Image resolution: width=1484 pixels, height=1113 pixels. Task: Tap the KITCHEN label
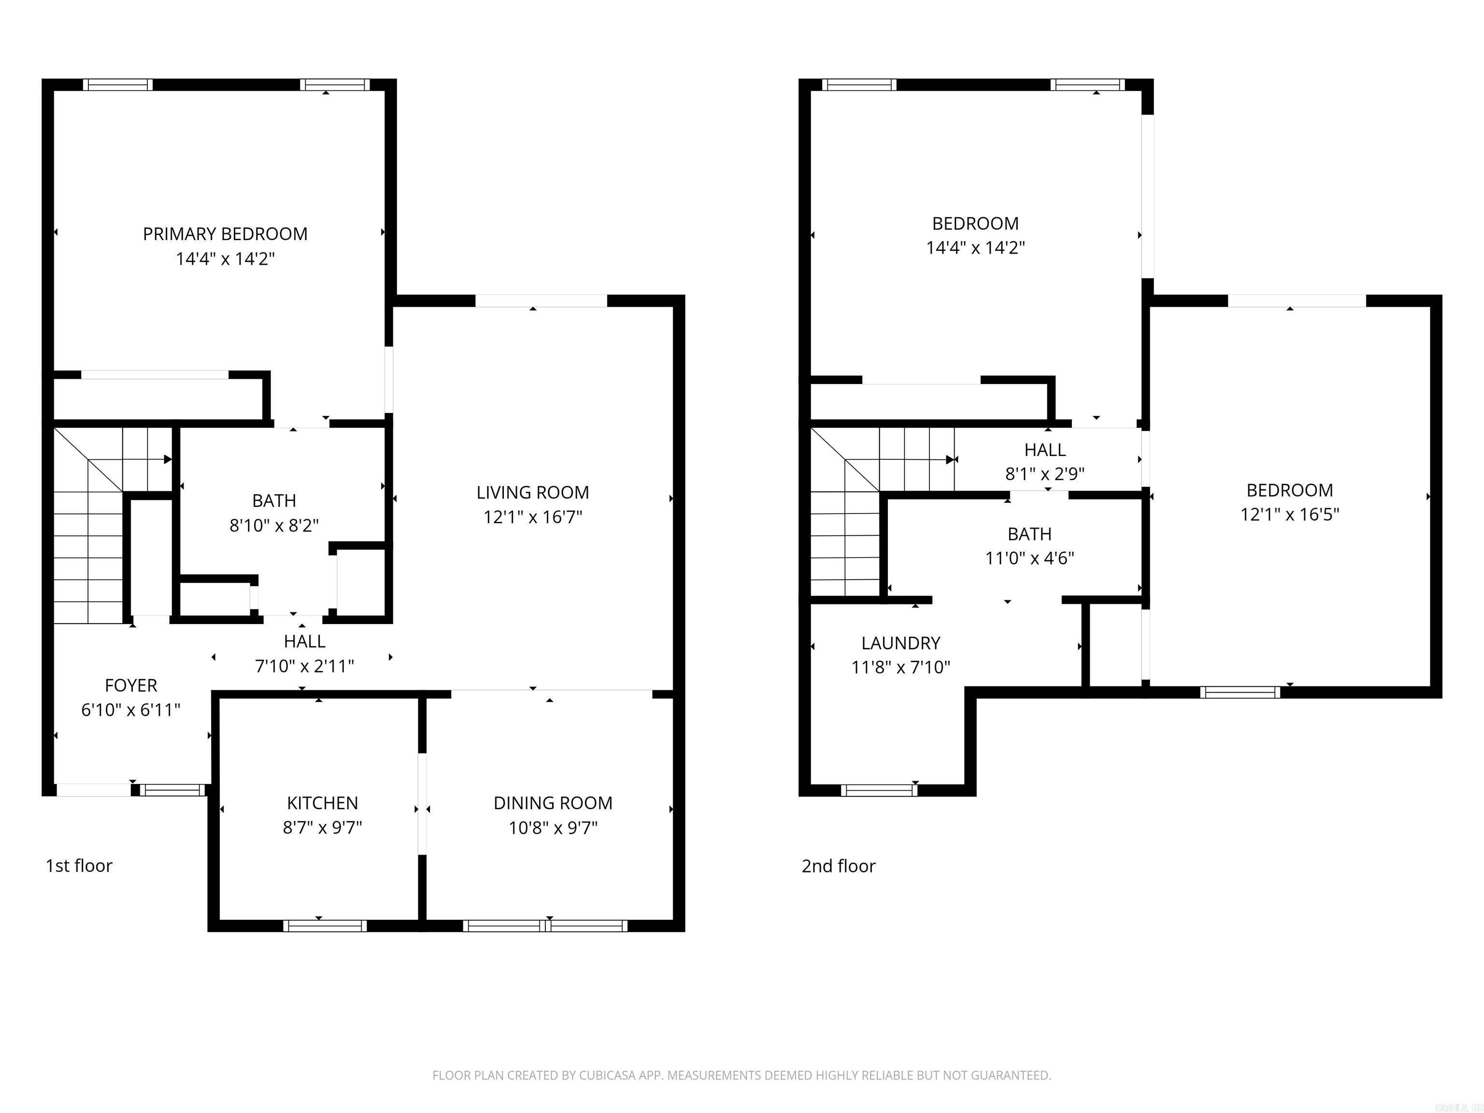322,803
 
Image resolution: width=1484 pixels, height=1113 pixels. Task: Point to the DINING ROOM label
553,803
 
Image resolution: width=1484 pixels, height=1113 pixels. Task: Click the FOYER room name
131,685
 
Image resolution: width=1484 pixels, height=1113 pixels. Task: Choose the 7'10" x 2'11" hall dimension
305,666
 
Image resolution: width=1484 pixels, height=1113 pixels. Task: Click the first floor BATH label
274,501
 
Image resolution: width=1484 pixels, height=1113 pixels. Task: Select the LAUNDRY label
900,643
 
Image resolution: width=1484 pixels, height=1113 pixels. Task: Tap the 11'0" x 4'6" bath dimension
1029,558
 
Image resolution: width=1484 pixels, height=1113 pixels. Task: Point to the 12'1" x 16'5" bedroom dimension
1289,514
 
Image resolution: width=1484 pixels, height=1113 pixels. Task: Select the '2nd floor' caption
839,866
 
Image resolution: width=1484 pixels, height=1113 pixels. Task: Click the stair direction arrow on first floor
168,459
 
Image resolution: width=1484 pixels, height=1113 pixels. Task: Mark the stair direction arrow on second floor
950,459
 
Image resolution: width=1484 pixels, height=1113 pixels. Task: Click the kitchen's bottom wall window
325,926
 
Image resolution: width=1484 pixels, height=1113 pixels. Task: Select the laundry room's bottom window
879,790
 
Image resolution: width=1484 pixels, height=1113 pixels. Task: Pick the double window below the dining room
545,926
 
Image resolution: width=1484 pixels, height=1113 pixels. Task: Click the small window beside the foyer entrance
173,791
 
